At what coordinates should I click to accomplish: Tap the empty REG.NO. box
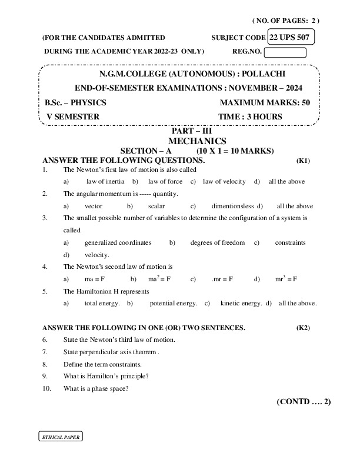point(285,52)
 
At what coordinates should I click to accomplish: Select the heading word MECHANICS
point(197,141)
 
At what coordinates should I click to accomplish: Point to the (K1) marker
point(303,160)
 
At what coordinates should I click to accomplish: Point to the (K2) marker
point(303,327)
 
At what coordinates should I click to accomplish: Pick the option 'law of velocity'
point(224,181)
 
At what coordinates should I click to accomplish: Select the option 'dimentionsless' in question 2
point(232,206)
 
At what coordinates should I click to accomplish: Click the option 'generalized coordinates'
point(118,242)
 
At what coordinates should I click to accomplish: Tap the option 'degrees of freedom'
point(217,242)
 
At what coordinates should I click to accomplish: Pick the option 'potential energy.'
point(174,304)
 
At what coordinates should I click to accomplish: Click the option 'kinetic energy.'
point(241,304)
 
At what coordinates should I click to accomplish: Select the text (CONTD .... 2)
point(304,402)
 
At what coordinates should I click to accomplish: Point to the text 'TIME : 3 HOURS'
point(250,116)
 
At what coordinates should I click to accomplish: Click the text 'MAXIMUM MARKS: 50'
point(264,102)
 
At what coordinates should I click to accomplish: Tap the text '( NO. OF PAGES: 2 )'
point(286,20)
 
